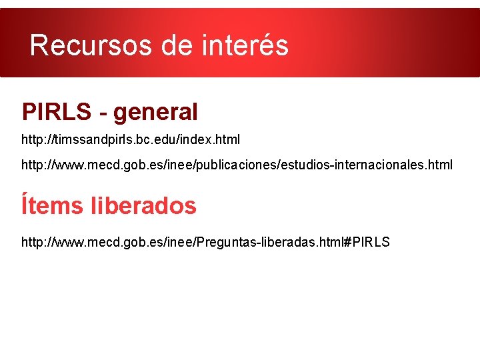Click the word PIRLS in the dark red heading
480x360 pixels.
[57, 112]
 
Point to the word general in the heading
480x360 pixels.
[155, 112]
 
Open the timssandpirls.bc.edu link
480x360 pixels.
[131, 140]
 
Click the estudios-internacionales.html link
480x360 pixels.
[237, 164]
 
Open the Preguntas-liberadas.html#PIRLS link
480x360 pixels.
[205, 241]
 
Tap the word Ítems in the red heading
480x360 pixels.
[52, 205]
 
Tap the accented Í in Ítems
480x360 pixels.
[25, 205]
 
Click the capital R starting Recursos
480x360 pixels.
[39, 45]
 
